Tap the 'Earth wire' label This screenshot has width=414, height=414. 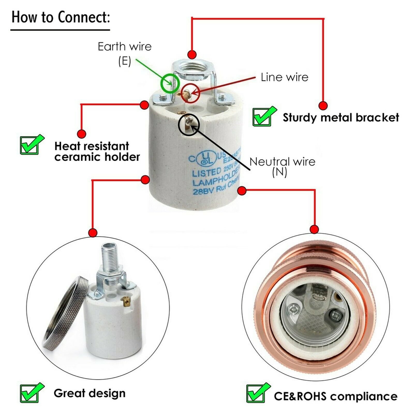(124, 47)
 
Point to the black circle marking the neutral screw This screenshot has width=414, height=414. (189, 125)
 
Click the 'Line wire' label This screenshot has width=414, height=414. (284, 77)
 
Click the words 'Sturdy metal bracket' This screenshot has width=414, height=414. (341, 118)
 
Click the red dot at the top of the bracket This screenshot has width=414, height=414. (192, 55)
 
